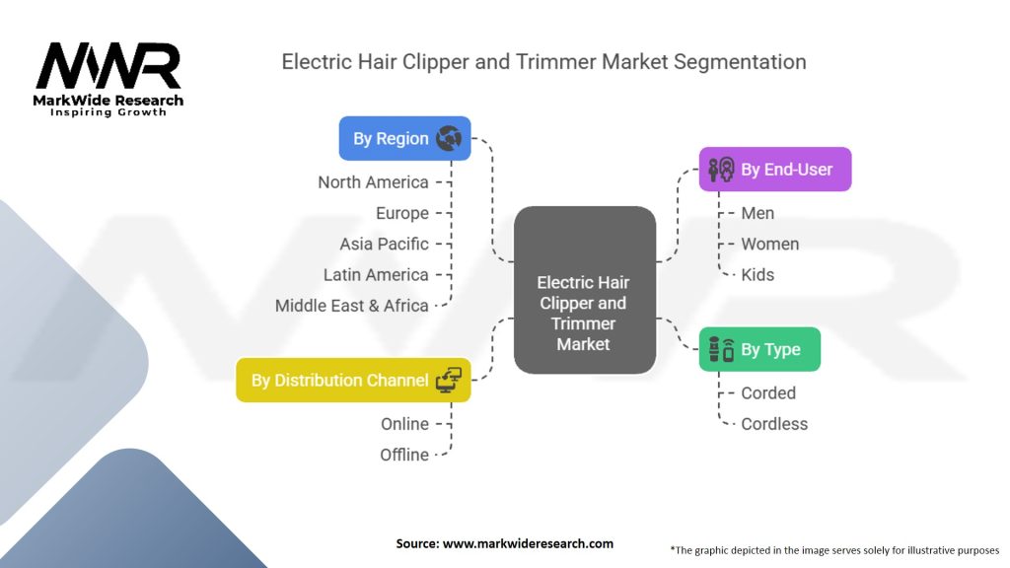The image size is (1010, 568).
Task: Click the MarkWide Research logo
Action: click(x=108, y=77)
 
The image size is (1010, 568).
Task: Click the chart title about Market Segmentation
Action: click(x=543, y=61)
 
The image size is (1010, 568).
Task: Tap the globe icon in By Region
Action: click(x=448, y=138)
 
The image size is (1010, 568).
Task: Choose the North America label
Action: click(x=373, y=182)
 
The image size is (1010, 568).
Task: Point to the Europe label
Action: click(x=401, y=213)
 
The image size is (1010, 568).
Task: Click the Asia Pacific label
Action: click(x=384, y=244)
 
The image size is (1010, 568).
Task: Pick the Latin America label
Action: click(x=376, y=274)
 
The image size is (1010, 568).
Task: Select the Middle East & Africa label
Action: click(x=351, y=306)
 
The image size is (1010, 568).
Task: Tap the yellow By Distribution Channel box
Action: click(x=353, y=380)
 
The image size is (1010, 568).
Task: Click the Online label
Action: click(x=404, y=424)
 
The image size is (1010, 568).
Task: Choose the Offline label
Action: click(x=404, y=455)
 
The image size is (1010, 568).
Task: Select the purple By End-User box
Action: click(x=774, y=170)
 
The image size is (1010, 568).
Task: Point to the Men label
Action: click(x=757, y=213)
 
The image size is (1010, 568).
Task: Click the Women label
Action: click(x=769, y=244)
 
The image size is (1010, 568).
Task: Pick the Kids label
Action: click(x=757, y=274)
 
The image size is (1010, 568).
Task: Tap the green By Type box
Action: click(x=759, y=349)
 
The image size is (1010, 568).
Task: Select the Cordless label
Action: click(x=774, y=424)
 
